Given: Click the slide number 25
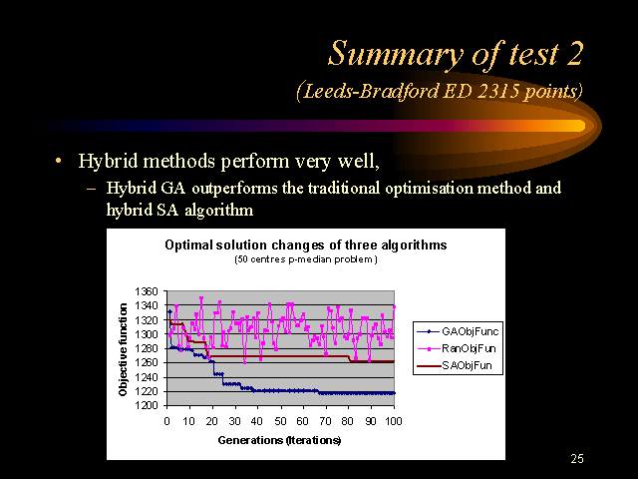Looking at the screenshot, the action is click(577, 459).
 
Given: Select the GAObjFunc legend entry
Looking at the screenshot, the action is click(458, 331).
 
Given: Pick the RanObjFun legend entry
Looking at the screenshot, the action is click(457, 348).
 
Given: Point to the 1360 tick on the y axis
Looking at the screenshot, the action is click(146, 291).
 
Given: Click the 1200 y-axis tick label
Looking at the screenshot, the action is click(146, 406).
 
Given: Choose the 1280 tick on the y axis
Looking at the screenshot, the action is click(146, 348).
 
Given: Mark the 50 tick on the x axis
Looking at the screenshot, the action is click(280, 421).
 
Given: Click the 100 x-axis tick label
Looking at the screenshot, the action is click(394, 421).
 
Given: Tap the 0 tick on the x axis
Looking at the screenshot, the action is click(166, 421).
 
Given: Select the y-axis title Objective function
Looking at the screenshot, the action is click(123, 349).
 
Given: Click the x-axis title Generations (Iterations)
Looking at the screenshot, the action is click(279, 440).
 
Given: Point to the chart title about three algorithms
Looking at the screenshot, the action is click(306, 245).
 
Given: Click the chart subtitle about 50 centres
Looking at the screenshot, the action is click(306, 259).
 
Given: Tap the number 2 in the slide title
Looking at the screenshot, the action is click(574, 54).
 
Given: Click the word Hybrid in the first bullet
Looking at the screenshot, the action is click(108, 162).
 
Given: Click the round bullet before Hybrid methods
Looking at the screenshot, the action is click(59, 162).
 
